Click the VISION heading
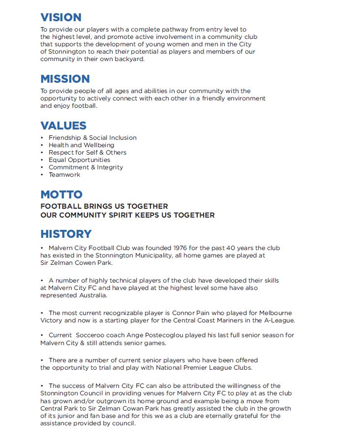tap(60, 17)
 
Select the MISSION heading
tap(65, 79)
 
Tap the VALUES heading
tap(63, 126)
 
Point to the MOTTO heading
tap(61, 194)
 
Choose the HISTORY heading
tap(66, 234)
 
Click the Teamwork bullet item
tap(64, 175)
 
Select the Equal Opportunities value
tap(79, 160)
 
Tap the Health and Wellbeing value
tap(81, 145)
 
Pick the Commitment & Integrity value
tap(86, 167)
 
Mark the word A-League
tap(278, 320)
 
